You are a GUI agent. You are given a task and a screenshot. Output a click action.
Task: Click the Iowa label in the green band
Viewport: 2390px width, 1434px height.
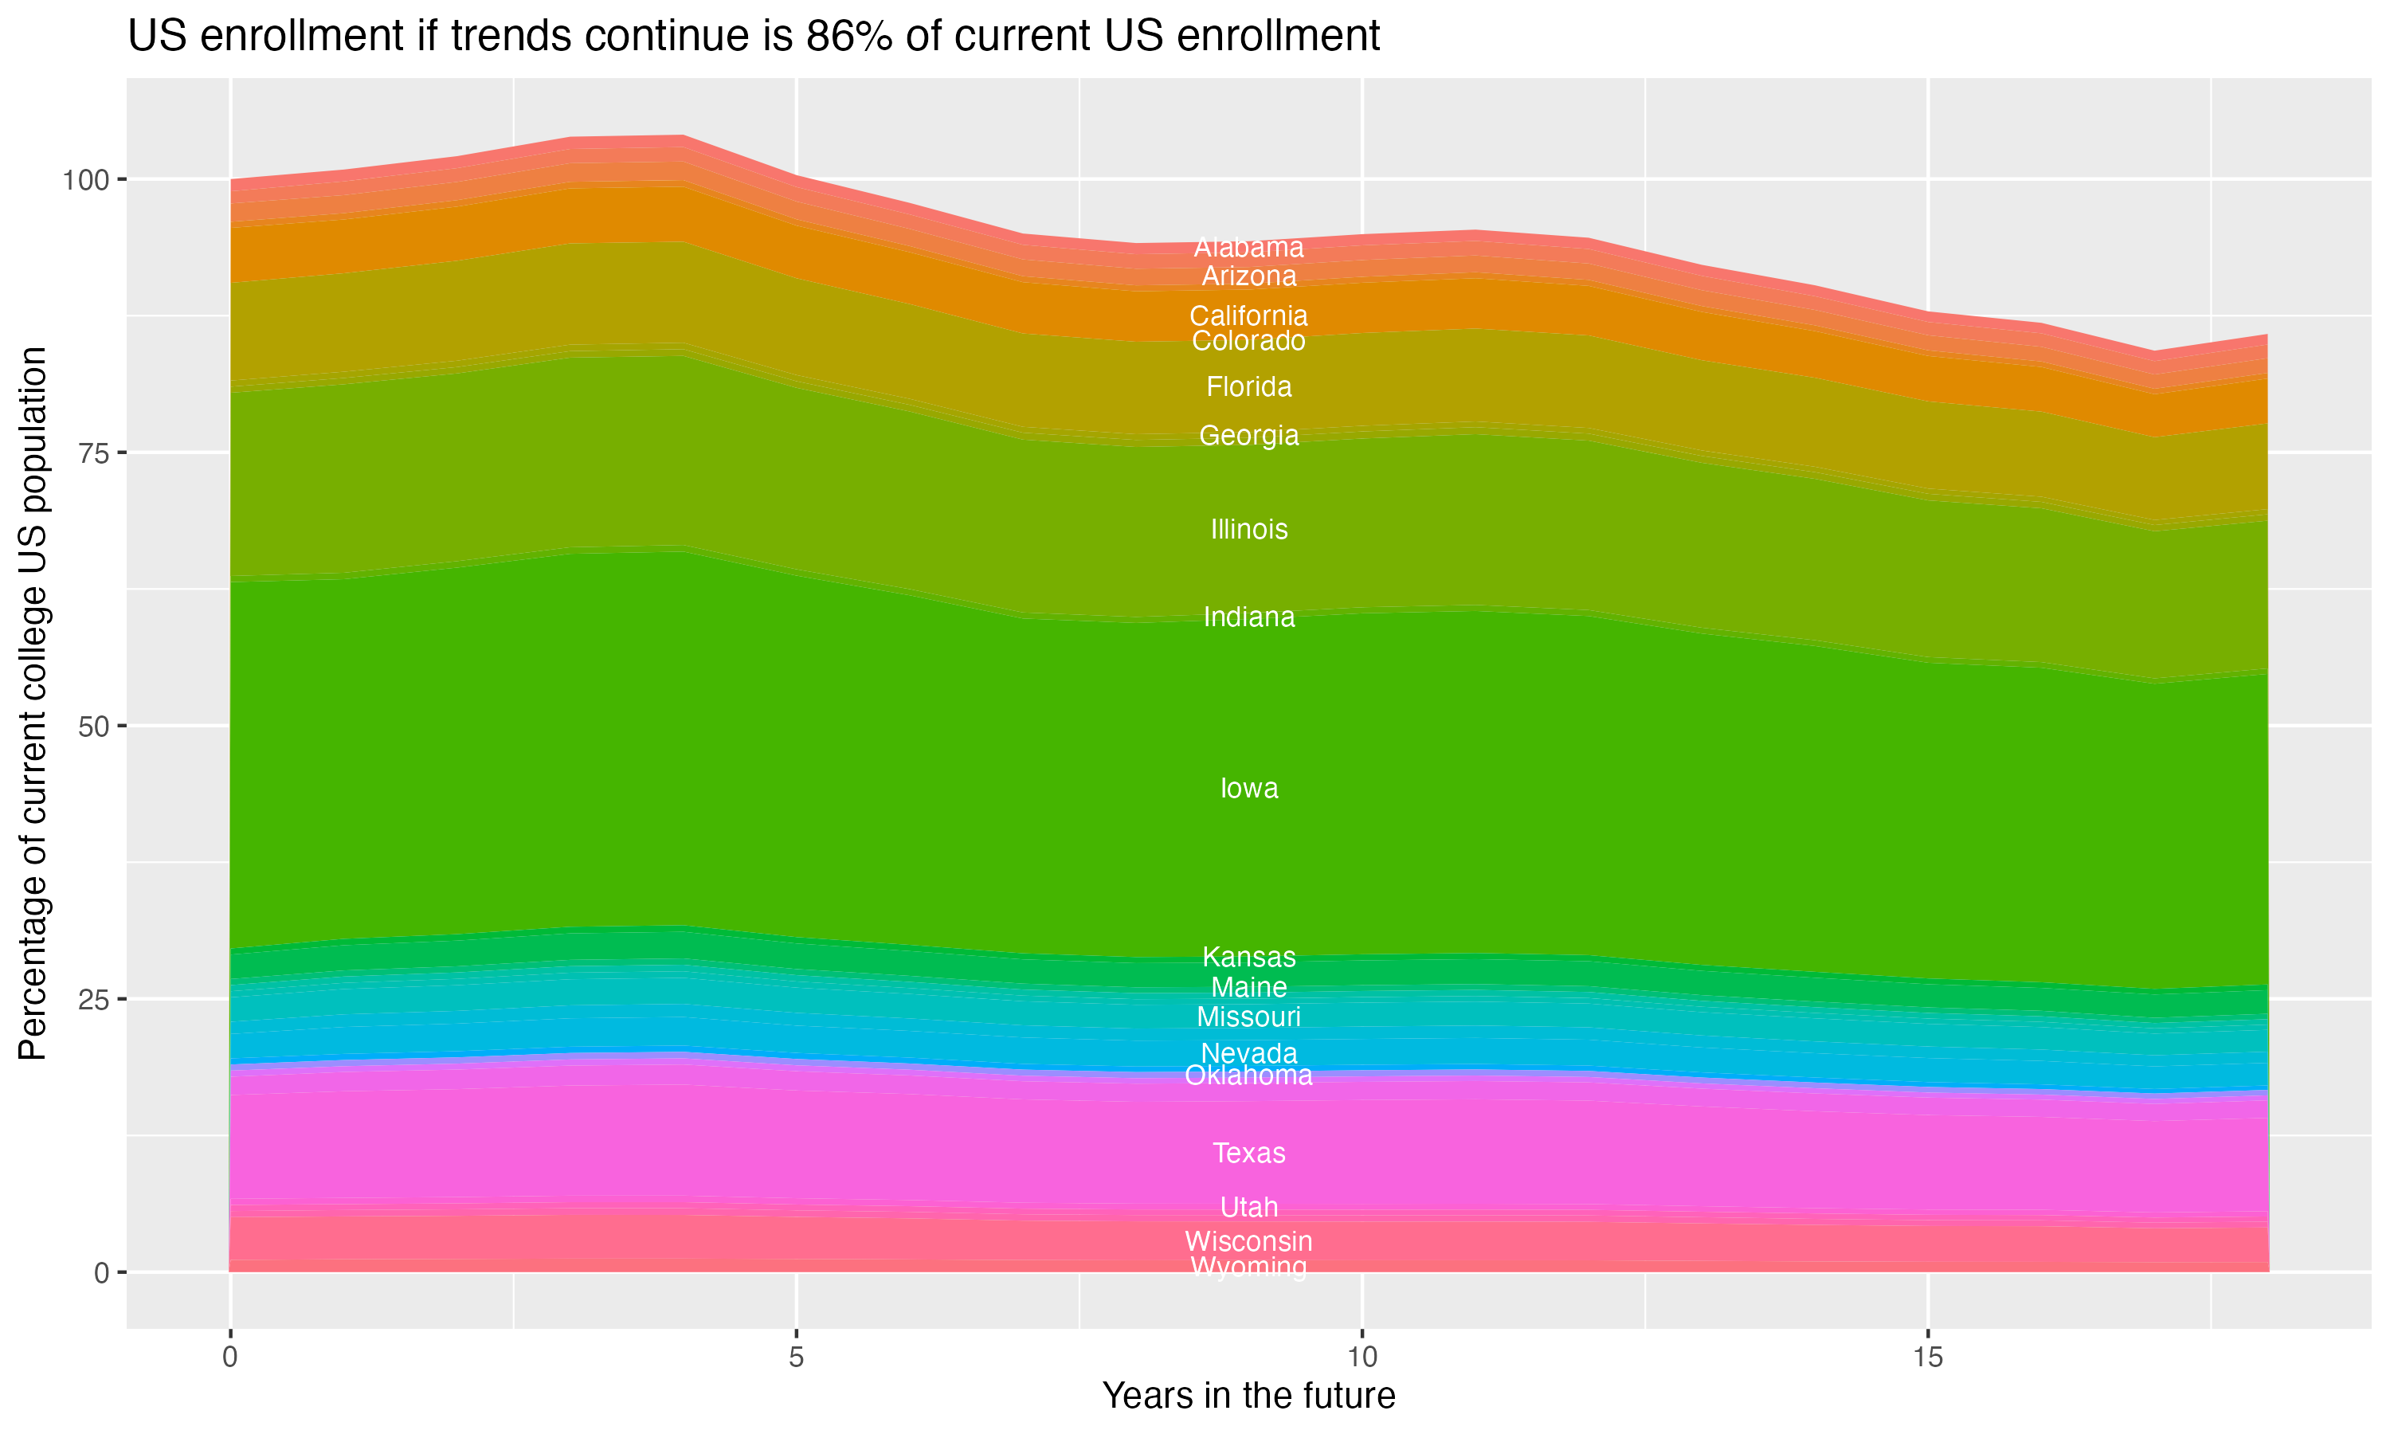click(x=1248, y=789)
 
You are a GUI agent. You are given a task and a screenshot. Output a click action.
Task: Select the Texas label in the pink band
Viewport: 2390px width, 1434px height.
click(x=1248, y=1153)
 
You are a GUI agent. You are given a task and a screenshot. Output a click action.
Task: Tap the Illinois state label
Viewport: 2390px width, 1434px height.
click(x=1248, y=530)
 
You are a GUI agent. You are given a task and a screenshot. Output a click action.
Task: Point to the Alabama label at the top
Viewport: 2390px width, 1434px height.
click(x=1248, y=248)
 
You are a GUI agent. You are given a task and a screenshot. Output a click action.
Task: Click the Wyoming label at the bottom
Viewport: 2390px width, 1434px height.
click(x=1248, y=1267)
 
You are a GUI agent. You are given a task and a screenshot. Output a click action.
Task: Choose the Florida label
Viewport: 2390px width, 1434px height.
click(x=1248, y=387)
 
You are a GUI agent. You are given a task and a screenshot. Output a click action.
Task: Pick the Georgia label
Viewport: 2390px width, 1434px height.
click(x=1248, y=436)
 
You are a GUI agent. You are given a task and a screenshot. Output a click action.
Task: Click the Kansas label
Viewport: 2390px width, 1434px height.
click(x=1248, y=958)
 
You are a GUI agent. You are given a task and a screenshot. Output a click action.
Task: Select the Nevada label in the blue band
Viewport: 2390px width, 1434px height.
click(x=1248, y=1053)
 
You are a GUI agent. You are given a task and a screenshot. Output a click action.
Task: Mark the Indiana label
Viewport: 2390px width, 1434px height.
click(x=1248, y=617)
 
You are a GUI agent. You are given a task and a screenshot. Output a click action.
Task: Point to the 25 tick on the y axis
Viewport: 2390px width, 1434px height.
click(x=94, y=999)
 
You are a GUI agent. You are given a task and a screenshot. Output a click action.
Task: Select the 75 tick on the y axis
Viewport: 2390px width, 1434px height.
click(x=94, y=453)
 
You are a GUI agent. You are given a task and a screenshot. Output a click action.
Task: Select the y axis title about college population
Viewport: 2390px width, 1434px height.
click(x=33, y=703)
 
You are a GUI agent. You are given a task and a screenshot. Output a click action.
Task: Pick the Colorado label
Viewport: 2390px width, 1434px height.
click(x=1248, y=341)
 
